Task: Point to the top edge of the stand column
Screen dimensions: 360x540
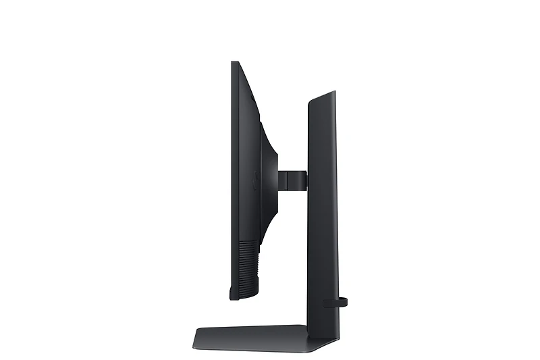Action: click(x=323, y=97)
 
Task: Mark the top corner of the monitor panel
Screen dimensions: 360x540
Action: click(x=234, y=63)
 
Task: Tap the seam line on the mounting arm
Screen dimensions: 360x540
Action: click(x=284, y=180)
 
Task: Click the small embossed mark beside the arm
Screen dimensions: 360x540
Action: click(x=255, y=180)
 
